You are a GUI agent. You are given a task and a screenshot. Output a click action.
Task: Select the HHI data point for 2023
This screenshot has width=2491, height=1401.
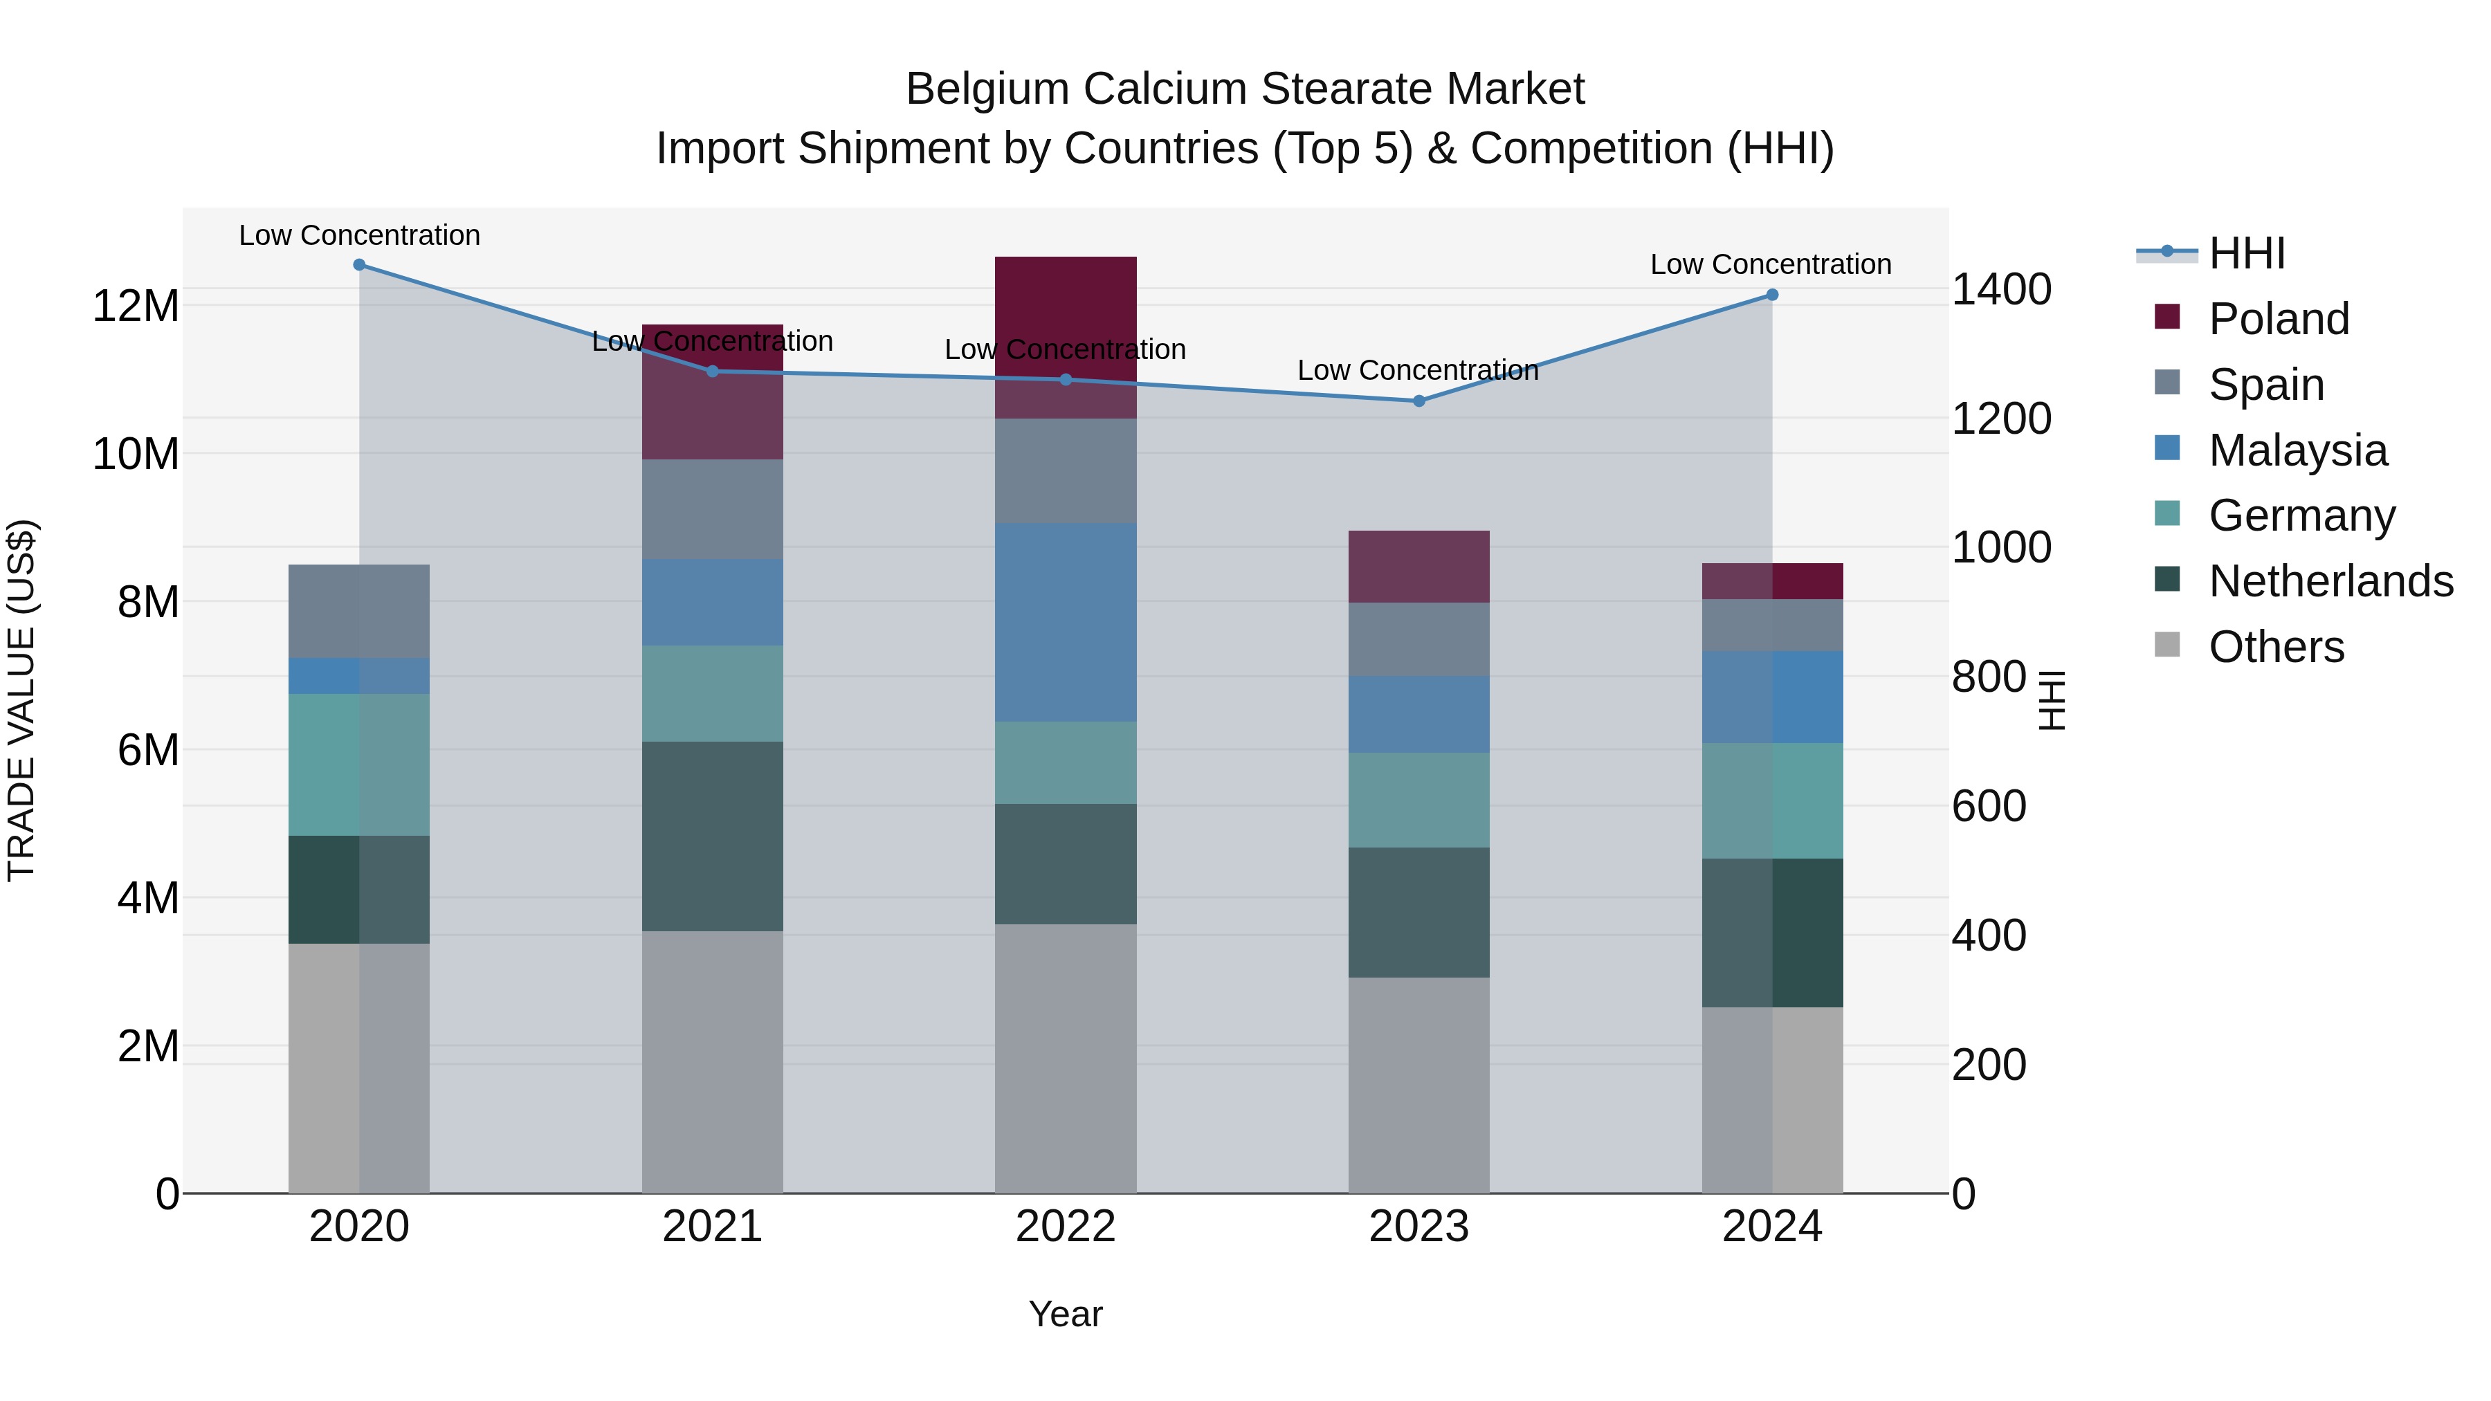pyautogui.click(x=1418, y=401)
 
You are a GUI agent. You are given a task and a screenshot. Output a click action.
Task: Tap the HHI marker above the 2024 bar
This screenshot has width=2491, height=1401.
pyautogui.click(x=1771, y=295)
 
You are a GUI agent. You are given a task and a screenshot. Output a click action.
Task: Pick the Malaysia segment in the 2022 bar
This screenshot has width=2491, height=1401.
pyautogui.click(x=1066, y=622)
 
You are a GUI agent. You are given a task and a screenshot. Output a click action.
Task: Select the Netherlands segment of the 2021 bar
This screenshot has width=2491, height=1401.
pyautogui.click(x=712, y=836)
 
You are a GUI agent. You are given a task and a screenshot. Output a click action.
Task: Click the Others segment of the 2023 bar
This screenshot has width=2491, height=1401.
pyautogui.click(x=1418, y=1085)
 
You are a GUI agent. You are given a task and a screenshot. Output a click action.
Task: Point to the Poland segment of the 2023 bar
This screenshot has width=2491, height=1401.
pyautogui.click(x=1418, y=567)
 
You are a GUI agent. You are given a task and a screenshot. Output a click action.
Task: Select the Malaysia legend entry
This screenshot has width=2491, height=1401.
pyautogui.click(x=2297, y=450)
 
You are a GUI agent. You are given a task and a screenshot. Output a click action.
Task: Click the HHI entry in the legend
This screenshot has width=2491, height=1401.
pyautogui.click(x=2245, y=253)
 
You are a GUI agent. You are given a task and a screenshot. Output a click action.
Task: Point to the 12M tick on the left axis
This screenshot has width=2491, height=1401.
pyautogui.click(x=136, y=306)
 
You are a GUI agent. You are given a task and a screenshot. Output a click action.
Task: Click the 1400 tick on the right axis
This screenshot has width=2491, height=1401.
pyautogui.click(x=2000, y=289)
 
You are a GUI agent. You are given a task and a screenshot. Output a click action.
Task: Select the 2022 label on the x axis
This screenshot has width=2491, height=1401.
pyautogui.click(x=1066, y=1227)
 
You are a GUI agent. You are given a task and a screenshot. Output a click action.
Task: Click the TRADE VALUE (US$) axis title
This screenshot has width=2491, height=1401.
pyautogui.click(x=22, y=701)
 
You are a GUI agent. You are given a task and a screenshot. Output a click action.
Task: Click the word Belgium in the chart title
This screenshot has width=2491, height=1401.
pyautogui.click(x=987, y=89)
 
